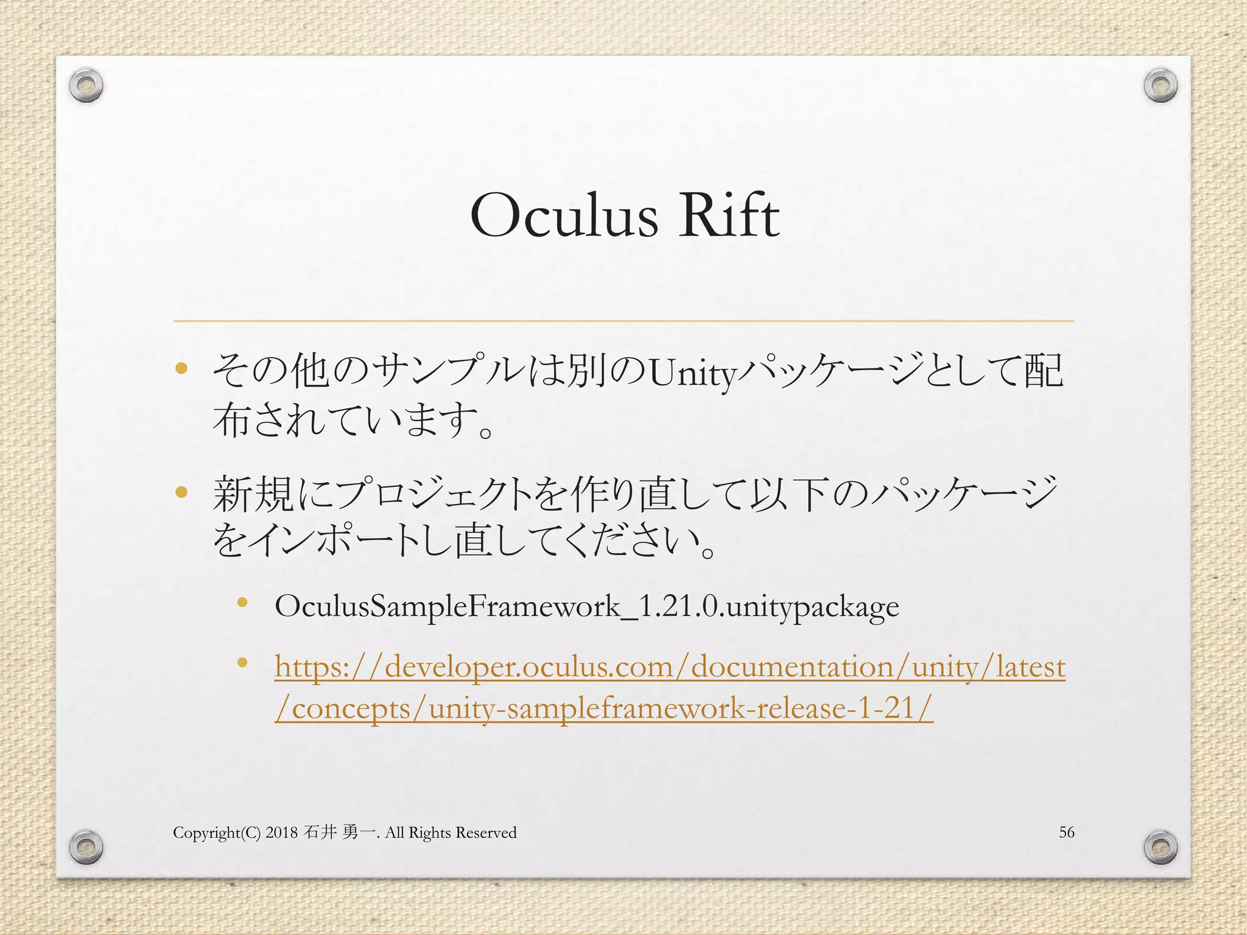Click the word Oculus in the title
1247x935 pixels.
click(x=564, y=216)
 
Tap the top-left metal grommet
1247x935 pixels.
click(x=86, y=85)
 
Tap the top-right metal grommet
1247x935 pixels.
click(x=1160, y=85)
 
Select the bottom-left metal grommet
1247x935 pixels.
click(x=86, y=847)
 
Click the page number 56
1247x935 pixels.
click(x=1067, y=832)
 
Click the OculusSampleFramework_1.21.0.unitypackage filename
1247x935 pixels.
click(x=586, y=606)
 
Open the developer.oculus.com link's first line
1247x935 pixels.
click(x=670, y=667)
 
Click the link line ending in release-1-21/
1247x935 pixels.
click(x=603, y=709)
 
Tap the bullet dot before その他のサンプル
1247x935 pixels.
click(x=181, y=368)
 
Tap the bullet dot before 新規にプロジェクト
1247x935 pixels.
click(x=181, y=492)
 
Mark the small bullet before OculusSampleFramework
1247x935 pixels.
click(x=242, y=603)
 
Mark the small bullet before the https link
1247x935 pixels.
click(x=242, y=662)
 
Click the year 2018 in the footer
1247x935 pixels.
click(x=281, y=833)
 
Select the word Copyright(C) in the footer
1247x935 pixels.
click(x=217, y=833)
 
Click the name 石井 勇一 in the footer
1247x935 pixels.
click(x=339, y=832)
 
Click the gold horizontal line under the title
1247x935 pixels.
click(x=623, y=320)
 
